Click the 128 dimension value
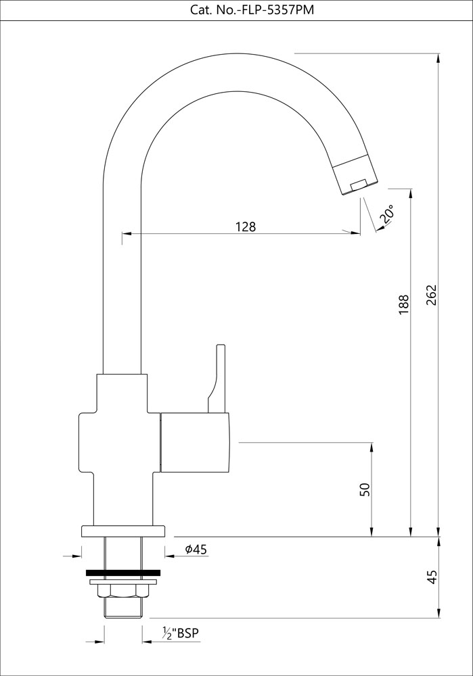click(246, 227)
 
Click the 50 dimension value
click(365, 490)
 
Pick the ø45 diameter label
click(196, 550)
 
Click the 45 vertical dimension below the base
click(432, 577)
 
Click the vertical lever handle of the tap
click(217, 379)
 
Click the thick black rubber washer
click(123, 573)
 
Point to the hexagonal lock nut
click(123, 591)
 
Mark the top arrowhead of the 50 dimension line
click(371, 447)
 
